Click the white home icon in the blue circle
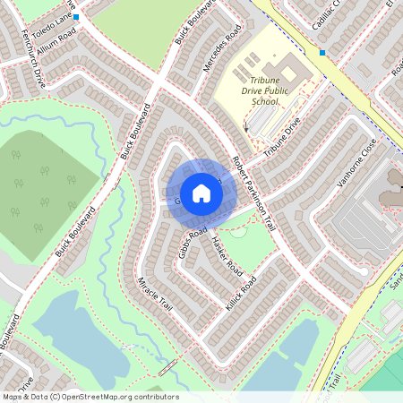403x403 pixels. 201,193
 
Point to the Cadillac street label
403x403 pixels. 328,15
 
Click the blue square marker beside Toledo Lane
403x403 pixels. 76,17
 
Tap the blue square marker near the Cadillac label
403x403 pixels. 322,52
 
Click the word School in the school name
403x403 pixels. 264,101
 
